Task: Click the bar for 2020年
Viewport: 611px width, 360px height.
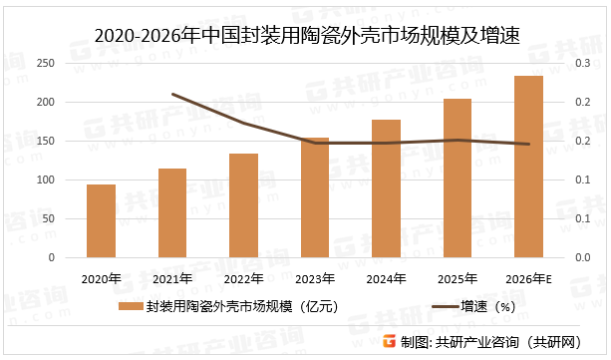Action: click(101, 221)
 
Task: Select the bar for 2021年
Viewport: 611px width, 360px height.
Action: click(172, 213)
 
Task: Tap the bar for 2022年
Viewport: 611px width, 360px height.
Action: click(243, 205)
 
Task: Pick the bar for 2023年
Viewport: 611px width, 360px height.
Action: click(315, 197)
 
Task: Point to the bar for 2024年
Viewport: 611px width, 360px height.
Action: click(386, 188)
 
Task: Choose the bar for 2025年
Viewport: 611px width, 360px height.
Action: click(458, 179)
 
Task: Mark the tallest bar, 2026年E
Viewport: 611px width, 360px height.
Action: click(529, 167)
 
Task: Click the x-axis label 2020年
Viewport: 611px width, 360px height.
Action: click(101, 278)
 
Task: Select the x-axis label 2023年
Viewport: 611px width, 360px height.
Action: click(315, 278)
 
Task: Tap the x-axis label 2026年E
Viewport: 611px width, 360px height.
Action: click(529, 278)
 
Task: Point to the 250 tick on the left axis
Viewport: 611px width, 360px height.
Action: click(44, 63)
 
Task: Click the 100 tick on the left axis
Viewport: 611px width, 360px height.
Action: click(44, 180)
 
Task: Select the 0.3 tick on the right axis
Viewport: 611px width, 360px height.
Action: click(584, 63)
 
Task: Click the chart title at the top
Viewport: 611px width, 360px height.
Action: click(306, 36)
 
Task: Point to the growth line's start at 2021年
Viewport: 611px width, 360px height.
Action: click(172, 94)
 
